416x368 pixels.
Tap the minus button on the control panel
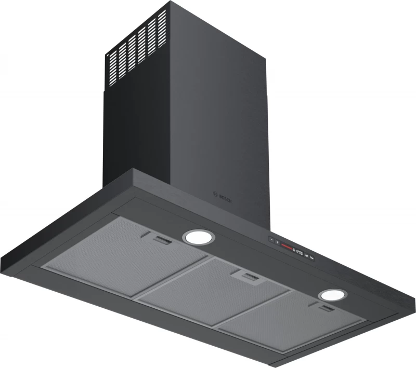point(272,240)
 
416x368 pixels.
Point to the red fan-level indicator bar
point(287,247)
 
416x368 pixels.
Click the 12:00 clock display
point(300,253)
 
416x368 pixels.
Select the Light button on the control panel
point(306,255)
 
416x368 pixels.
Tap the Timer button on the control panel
point(311,258)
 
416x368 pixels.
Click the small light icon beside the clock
point(294,250)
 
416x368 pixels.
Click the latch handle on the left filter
point(160,240)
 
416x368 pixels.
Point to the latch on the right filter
point(327,309)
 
